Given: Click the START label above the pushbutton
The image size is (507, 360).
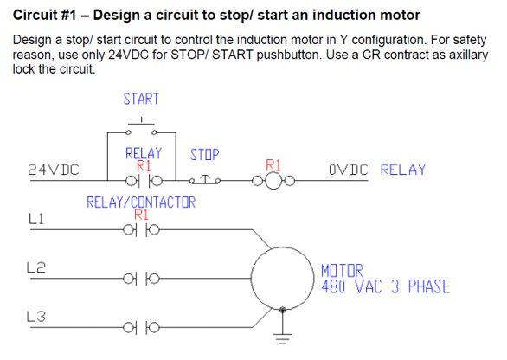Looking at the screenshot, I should (x=141, y=100).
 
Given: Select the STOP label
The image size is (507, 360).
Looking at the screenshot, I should (x=204, y=155).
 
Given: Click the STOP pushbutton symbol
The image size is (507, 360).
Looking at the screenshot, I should (x=206, y=180).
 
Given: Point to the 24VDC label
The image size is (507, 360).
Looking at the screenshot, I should (x=54, y=170).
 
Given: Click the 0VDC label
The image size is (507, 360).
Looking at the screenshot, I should (x=348, y=170).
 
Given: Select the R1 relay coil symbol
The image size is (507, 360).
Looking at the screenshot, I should (x=273, y=180).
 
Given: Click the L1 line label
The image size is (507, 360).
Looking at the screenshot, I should (x=36, y=221).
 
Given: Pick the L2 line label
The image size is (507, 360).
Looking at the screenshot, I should (x=36, y=269).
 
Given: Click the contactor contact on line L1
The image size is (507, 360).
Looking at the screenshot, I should (x=142, y=230).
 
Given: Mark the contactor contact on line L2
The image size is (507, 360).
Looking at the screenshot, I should (x=142, y=279).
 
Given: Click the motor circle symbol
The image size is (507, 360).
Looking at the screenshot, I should (x=283, y=279).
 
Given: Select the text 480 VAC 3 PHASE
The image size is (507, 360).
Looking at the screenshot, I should (x=385, y=286).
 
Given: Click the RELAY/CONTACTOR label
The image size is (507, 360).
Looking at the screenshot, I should (x=141, y=202).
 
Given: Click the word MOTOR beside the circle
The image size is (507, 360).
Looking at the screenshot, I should (x=343, y=270).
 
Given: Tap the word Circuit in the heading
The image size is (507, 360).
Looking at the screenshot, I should (x=40, y=16).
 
